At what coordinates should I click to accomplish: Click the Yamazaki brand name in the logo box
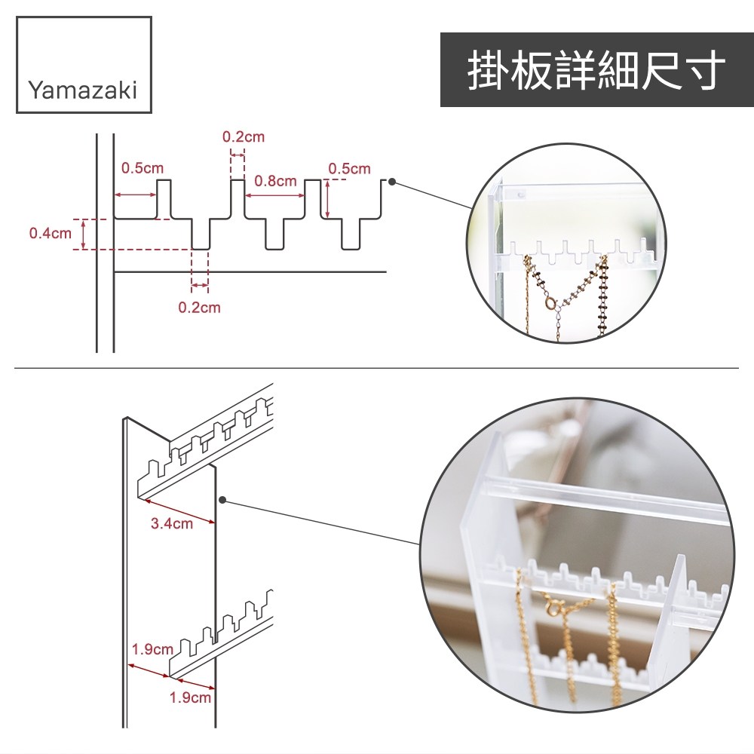(83, 90)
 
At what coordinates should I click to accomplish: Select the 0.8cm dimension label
(275, 181)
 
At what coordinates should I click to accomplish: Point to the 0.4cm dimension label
(50, 233)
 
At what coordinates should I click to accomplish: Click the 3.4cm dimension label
(172, 523)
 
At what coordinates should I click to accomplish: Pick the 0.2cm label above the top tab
(244, 137)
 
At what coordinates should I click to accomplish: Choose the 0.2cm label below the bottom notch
(200, 308)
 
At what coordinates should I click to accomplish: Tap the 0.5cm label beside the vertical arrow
(350, 169)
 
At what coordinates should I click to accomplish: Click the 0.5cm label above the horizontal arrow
(143, 168)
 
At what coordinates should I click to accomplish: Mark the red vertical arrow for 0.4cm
(84, 234)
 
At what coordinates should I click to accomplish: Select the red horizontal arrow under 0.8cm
(274, 195)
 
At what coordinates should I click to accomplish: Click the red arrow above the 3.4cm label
(180, 511)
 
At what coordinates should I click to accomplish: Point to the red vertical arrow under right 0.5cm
(327, 199)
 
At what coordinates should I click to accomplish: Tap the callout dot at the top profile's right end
(392, 182)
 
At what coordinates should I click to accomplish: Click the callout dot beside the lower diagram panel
(222, 500)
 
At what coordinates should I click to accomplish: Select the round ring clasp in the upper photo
(550, 302)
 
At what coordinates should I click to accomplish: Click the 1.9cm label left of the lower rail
(152, 649)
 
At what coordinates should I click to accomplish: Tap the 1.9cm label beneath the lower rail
(190, 697)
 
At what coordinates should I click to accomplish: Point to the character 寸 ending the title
(704, 69)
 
